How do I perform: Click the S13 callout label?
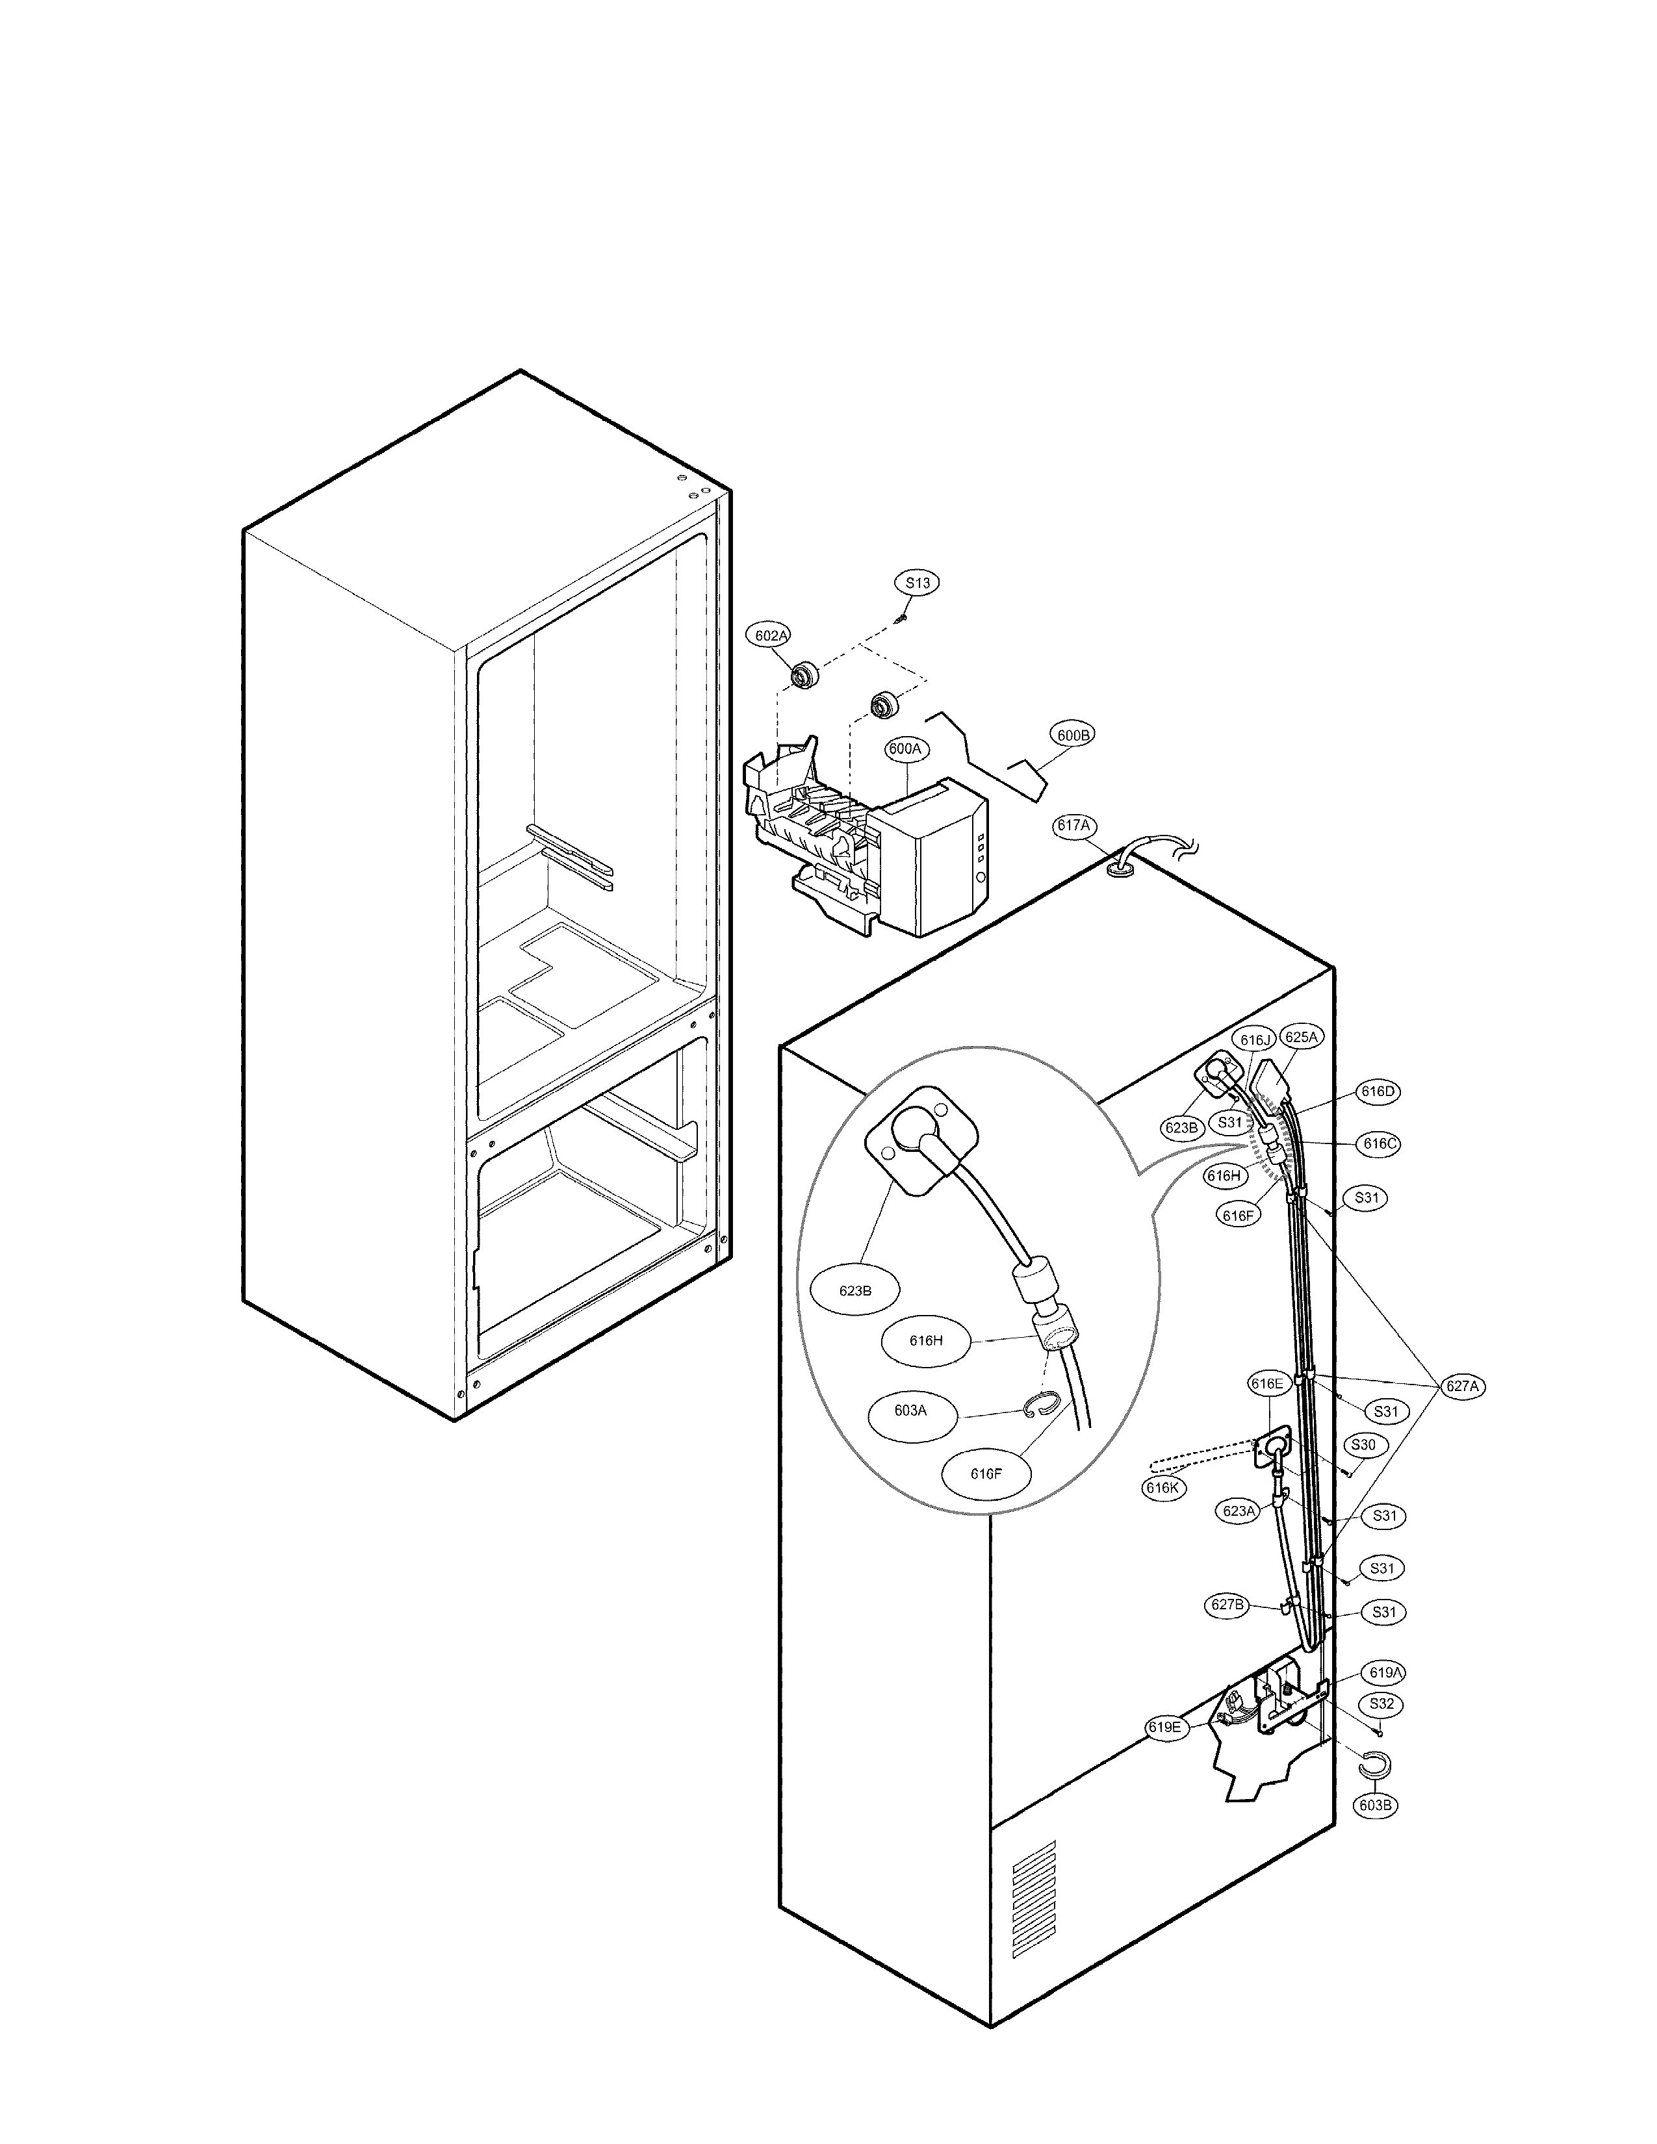click(917, 583)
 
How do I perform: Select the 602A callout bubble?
click(771, 636)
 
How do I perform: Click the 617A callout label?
click(1073, 826)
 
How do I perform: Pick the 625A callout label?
click(1302, 1037)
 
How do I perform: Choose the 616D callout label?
click(1379, 1091)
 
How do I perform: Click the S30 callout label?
click(1363, 1445)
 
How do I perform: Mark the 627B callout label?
click(1227, 1605)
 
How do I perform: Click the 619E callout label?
click(1165, 1727)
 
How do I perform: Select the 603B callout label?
click(1375, 1804)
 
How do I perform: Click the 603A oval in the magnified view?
click(910, 1410)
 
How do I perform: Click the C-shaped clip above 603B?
click(1371, 1766)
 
